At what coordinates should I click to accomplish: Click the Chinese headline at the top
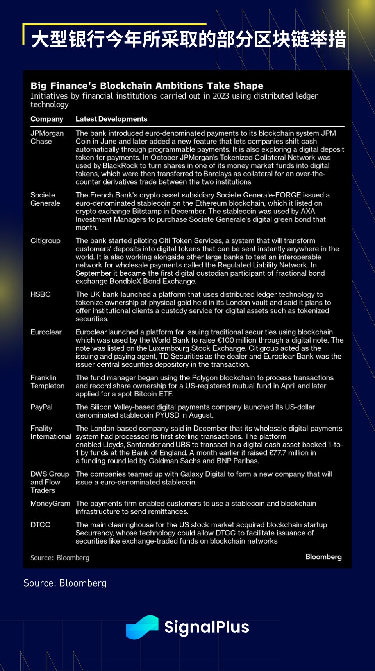pyautogui.click(x=188, y=39)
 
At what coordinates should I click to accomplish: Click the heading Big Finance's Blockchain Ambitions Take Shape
pyautogui.click(x=147, y=86)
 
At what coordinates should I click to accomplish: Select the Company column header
pyautogui.click(x=47, y=119)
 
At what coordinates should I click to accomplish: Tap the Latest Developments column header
pyautogui.click(x=111, y=119)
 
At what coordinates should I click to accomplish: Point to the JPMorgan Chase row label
pyautogui.click(x=47, y=137)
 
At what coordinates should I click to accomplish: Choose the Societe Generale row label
pyautogui.click(x=45, y=199)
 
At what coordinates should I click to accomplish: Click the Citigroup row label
pyautogui.click(x=45, y=241)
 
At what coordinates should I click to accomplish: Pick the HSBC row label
pyautogui.click(x=41, y=294)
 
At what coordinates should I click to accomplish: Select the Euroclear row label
pyautogui.click(x=46, y=332)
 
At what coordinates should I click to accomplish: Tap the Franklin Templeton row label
pyautogui.click(x=47, y=382)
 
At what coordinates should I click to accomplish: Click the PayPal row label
pyautogui.click(x=41, y=407)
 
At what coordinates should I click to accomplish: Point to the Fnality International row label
pyautogui.click(x=51, y=432)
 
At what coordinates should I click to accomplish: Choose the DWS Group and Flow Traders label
pyautogui.click(x=50, y=482)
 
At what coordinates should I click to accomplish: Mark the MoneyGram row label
pyautogui.click(x=50, y=504)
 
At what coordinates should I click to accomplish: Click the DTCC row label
pyautogui.click(x=41, y=525)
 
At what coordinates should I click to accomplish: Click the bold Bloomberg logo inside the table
pyautogui.click(x=323, y=557)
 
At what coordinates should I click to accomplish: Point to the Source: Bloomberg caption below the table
pyautogui.click(x=65, y=583)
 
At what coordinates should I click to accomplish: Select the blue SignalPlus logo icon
pyautogui.click(x=142, y=627)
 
